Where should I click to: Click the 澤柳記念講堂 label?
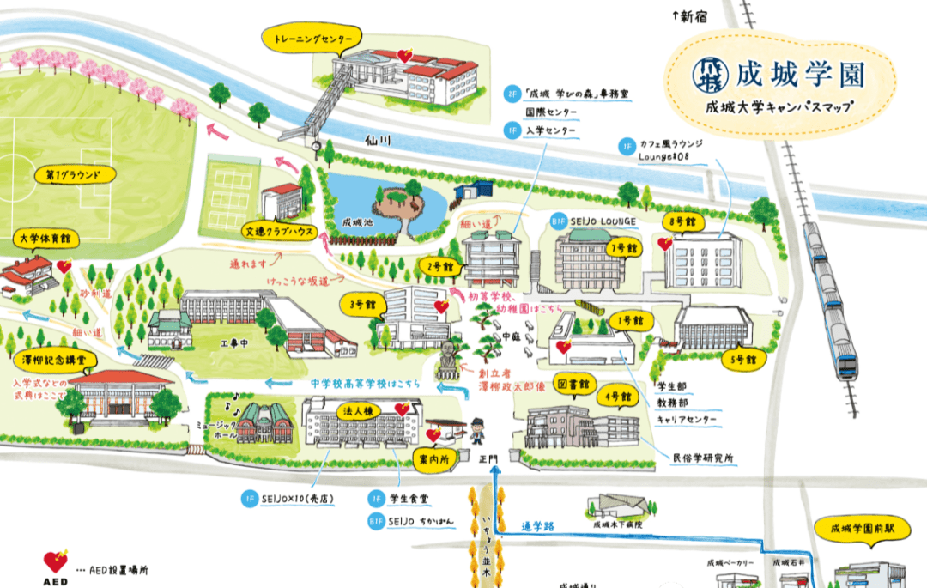click(x=55, y=360)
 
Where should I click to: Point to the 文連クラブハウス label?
click(x=278, y=231)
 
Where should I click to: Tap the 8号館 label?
click(x=683, y=221)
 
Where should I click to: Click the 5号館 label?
click(x=743, y=358)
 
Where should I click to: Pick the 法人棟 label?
click(x=359, y=409)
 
